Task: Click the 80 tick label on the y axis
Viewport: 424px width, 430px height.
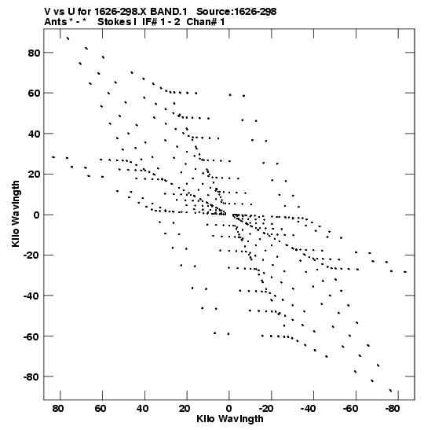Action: point(35,53)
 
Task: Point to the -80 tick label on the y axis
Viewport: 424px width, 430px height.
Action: point(32,377)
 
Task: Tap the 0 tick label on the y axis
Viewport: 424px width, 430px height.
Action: point(37,215)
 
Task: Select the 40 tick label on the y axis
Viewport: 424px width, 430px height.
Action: point(35,134)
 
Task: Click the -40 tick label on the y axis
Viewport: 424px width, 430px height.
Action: point(32,296)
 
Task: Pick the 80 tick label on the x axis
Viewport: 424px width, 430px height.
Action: point(58,409)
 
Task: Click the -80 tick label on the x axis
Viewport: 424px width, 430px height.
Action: point(393,409)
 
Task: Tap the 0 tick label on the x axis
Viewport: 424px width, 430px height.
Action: point(229,409)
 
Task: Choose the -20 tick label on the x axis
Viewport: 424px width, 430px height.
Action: point(265,409)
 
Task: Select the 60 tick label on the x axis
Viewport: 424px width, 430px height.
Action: point(101,409)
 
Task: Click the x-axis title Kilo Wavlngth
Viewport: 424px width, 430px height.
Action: point(230,419)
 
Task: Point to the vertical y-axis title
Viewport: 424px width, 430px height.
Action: point(16,214)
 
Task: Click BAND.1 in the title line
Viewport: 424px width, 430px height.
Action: point(169,12)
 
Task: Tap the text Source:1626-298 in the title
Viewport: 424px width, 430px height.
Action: point(236,12)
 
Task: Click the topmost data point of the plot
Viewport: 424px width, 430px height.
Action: point(68,39)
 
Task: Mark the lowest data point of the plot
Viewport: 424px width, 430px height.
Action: point(390,391)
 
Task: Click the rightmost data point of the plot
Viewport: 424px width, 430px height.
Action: point(405,272)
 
